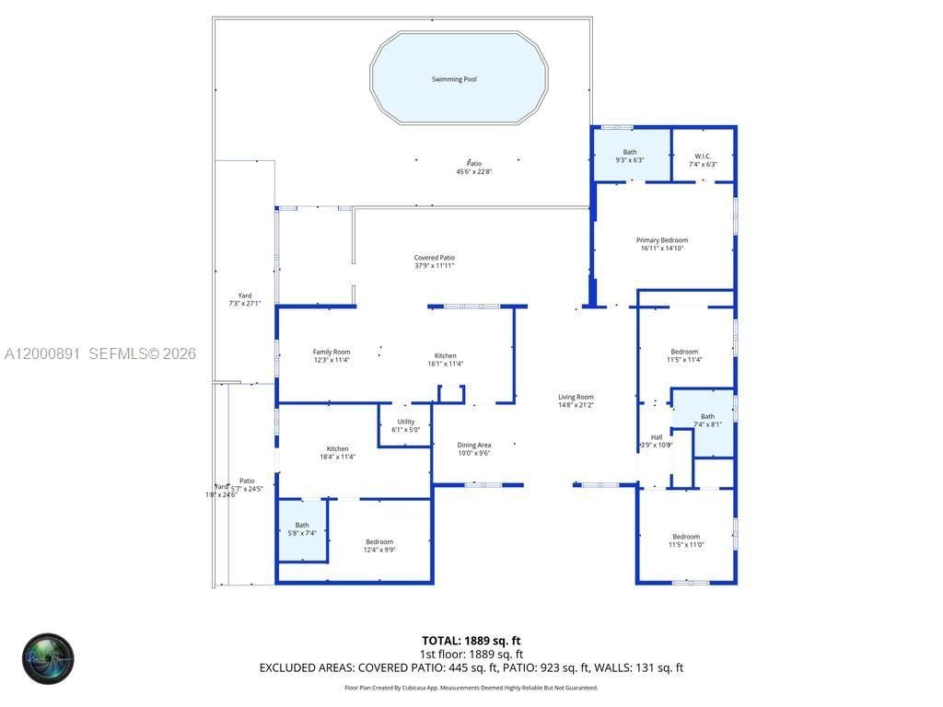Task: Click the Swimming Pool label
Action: pyautogui.click(x=454, y=79)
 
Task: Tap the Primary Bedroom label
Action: pyautogui.click(x=663, y=240)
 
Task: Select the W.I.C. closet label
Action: pyautogui.click(x=703, y=156)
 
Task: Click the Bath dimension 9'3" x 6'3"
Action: pyautogui.click(x=630, y=160)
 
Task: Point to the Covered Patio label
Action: pyautogui.click(x=434, y=258)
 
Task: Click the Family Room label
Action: pyautogui.click(x=332, y=352)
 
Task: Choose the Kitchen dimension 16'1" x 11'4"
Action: pyautogui.click(x=446, y=364)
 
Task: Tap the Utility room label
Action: pyautogui.click(x=405, y=422)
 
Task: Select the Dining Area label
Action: pyautogui.click(x=474, y=446)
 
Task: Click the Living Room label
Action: pyautogui.click(x=576, y=397)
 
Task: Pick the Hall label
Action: pyautogui.click(x=657, y=437)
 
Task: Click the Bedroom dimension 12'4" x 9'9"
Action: pyautogui.click(x=379, y=551)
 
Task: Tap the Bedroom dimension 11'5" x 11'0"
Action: pyautogui.click(x=686, y=545)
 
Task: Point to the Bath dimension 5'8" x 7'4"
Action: pyautogui.click(x=302, y=533)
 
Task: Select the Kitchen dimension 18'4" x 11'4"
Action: pyautogui.click(x=337, y=457)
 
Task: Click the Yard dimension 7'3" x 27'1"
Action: pyautogui.click(x=245, y=304)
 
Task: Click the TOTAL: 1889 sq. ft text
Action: pyautogui.click(x=471, y=641)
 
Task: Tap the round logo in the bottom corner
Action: pyautogui.click(x=48, y=658)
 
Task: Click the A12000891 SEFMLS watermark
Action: pyautogui.click(x=100, y=353)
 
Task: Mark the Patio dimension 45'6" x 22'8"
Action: pyautogui.click(x=474, y=172)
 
